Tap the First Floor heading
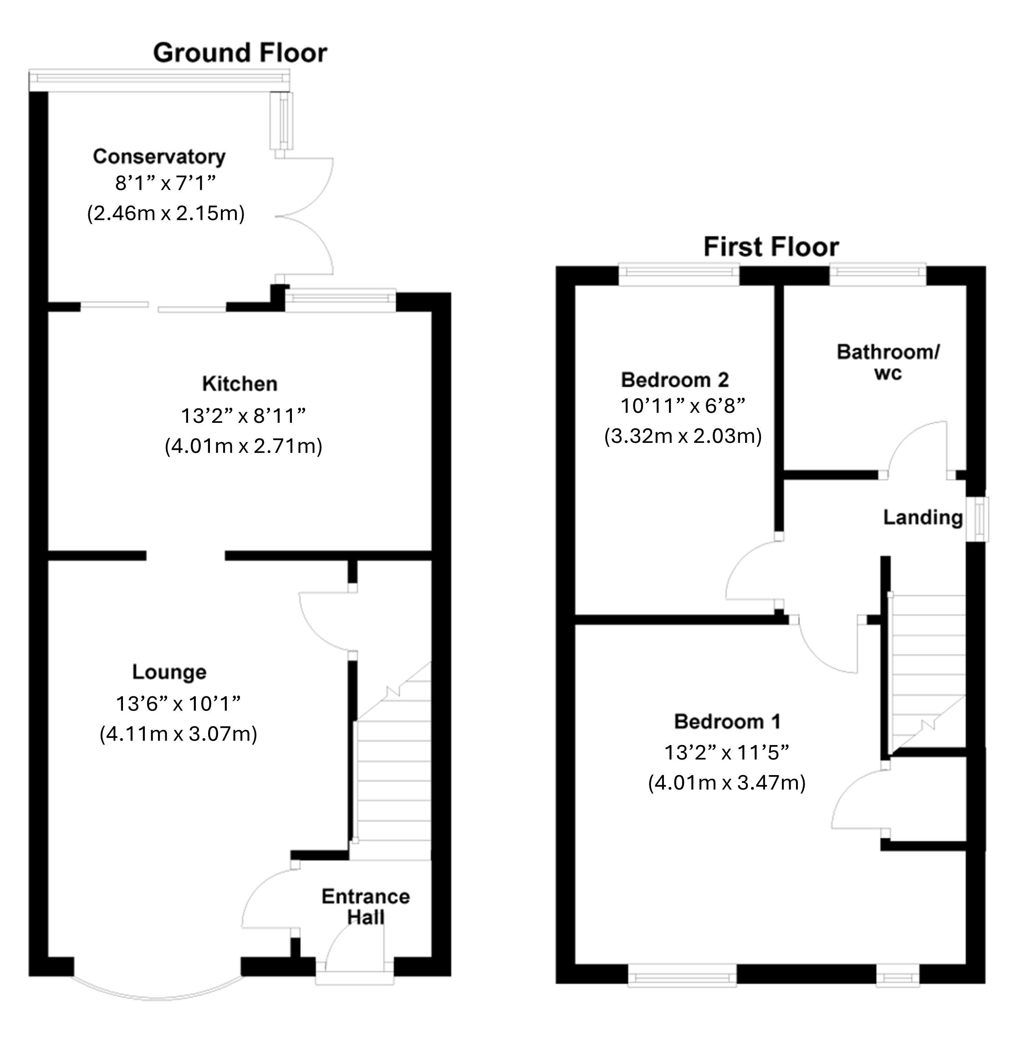point(771,247)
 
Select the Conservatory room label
point(159,157)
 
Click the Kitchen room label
point(240,384)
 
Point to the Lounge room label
point(169,672)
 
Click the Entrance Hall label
point(366,907)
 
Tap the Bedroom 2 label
point(675,380)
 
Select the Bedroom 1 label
point(727,721)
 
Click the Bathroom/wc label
point(888,363)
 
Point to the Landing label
point(923,517)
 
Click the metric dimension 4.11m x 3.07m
point(178,734)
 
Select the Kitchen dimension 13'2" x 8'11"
point(243,416)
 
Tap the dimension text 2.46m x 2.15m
point(166,214)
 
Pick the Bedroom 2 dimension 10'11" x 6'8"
point(683,406)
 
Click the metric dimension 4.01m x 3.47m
point(727,783)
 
